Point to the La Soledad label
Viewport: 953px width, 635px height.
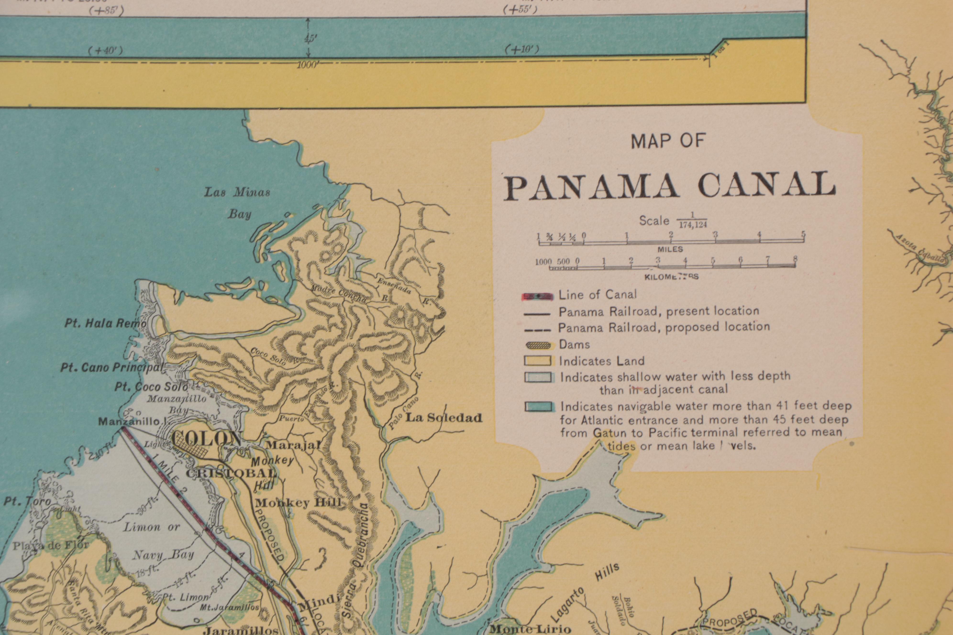(444, 417)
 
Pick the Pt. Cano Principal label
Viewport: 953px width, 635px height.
(111, 367)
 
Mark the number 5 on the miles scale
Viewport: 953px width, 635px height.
(803, 235)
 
